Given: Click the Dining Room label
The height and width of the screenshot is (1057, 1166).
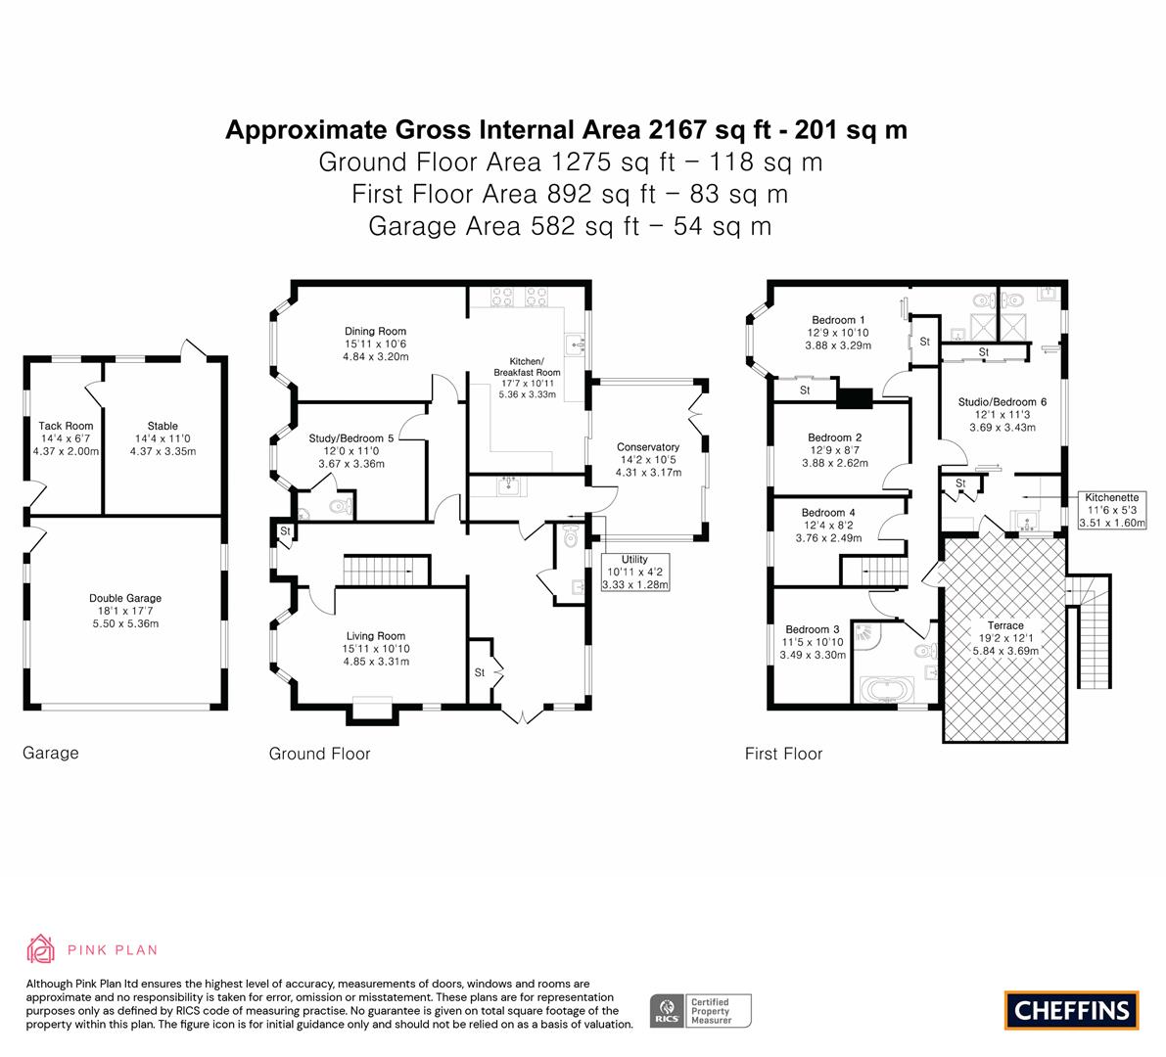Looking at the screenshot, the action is pos(375,332).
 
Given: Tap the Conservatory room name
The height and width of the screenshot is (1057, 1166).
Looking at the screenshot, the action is pos(648,446).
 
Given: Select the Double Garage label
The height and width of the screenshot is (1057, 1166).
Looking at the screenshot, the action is pos(125,598).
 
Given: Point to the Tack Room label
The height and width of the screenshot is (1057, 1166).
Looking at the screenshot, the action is pos(66,426).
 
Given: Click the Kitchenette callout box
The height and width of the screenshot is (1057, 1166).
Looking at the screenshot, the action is pos(1112,510).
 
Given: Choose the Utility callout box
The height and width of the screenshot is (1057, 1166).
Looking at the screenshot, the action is pos(635,572).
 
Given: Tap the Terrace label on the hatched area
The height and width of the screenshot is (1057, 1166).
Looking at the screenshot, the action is pos(1005,625).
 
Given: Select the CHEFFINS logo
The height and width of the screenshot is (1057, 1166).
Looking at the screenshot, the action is pos(1072,1010).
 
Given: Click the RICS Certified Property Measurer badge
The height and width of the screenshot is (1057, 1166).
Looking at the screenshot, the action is pos(701,1011).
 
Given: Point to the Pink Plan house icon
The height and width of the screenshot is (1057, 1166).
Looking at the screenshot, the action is pos(41,949).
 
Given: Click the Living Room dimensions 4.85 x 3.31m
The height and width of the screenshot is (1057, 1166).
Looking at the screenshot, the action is pos(376,662).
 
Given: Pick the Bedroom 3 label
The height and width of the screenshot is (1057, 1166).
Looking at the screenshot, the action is pos(812,629).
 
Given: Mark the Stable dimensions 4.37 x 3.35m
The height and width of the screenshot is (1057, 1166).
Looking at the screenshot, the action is pos(163,451).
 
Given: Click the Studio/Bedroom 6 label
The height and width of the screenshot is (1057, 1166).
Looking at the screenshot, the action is pos(1002,402).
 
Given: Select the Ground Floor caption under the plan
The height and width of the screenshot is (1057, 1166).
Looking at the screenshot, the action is pos(319,754).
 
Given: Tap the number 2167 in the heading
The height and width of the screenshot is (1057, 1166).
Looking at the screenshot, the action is pos(676,130).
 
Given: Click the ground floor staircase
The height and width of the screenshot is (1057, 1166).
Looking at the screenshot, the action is pos(386,571).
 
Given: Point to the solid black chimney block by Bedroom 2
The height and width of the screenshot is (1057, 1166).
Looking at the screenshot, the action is pos(855,398).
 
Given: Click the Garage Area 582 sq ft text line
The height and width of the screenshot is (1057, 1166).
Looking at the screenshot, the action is pos(570,226).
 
